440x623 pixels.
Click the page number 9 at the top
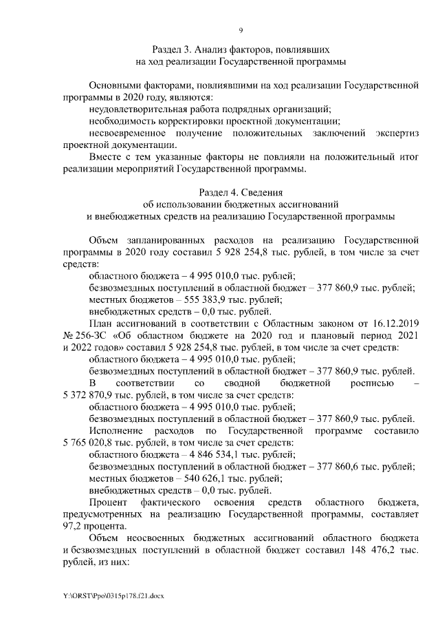tap(241, 30)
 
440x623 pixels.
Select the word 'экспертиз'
tap(397, 132)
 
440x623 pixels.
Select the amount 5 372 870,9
tap(91, 394)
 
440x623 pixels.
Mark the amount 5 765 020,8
tap(91, 441)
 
